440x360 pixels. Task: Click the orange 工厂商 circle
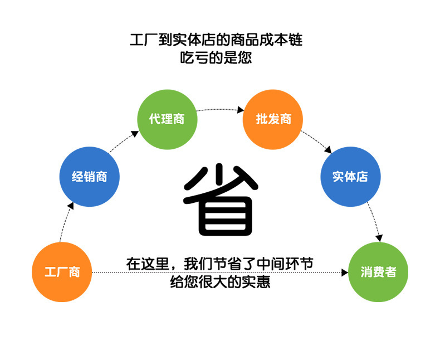[62, 272]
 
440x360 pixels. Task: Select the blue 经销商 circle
[90, 177]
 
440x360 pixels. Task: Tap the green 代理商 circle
[167, 119]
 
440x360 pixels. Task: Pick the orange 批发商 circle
[273, 119]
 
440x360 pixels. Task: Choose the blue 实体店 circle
[350, 177]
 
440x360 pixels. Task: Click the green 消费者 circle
[378, 272]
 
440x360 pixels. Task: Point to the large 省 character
[221, 199]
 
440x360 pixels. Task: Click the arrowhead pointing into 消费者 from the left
[344, 273]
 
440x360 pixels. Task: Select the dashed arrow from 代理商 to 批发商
[220, 109]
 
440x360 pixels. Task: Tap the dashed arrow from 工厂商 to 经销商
[63, 223]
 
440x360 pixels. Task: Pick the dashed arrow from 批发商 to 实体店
[317, 142]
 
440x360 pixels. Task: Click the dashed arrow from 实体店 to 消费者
[374, 223]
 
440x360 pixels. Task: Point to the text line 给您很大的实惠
[220, 282]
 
